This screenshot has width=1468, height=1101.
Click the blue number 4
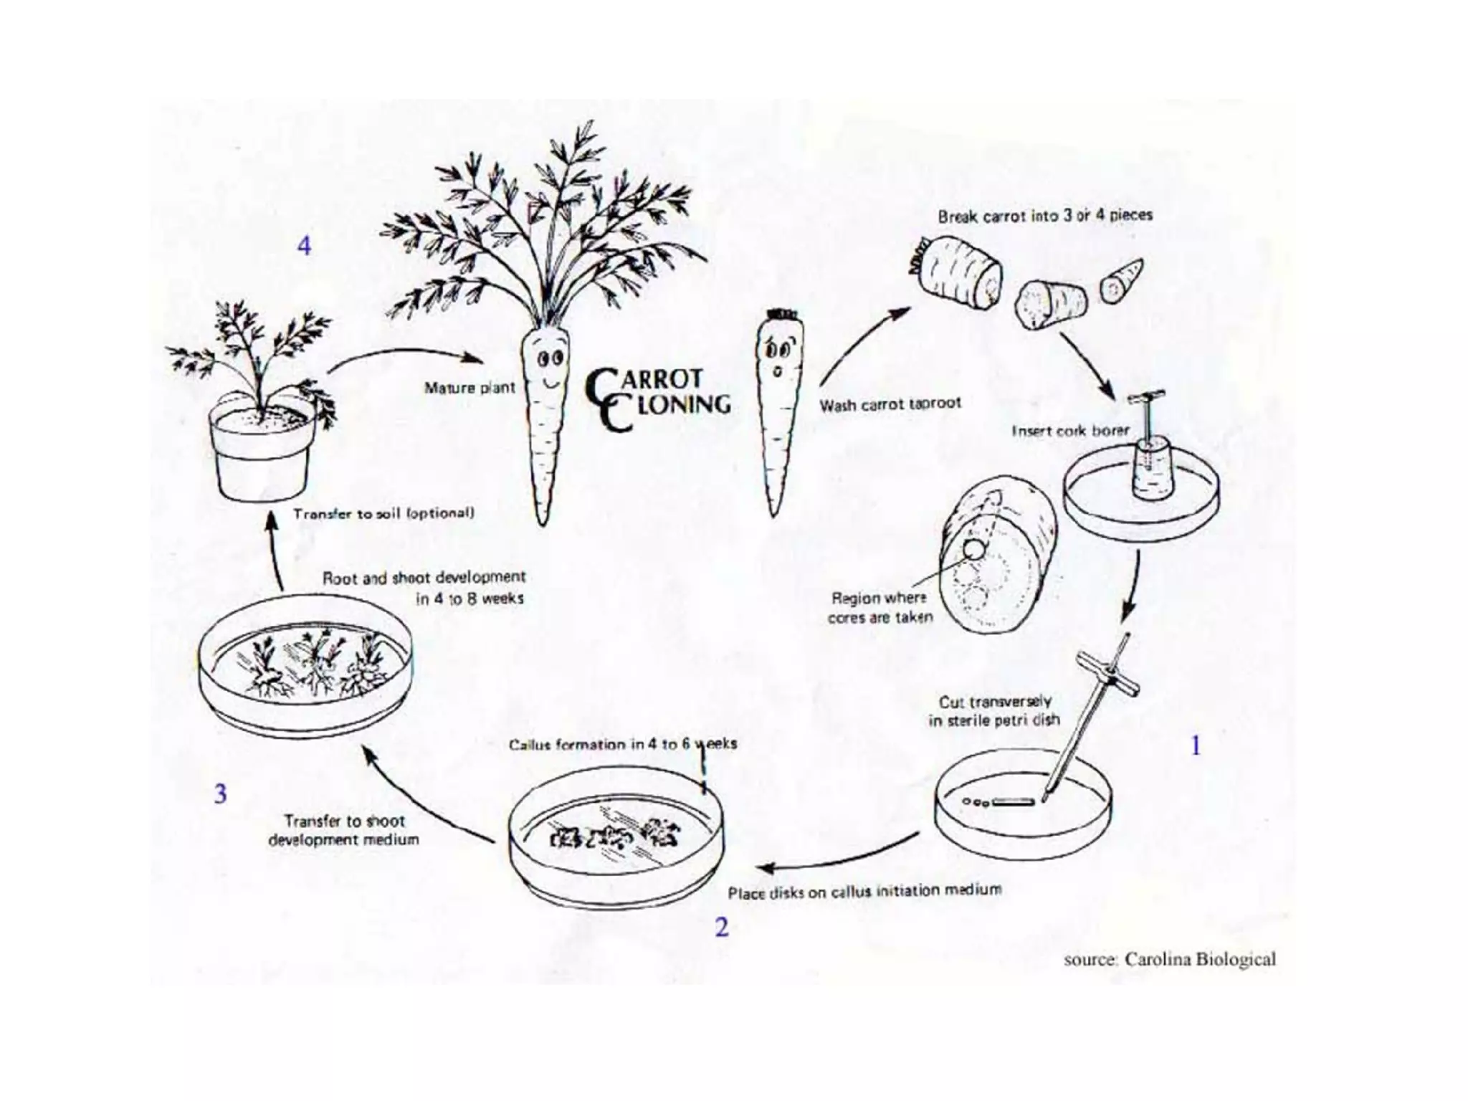(x=304, y=247)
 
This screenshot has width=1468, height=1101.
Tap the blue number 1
(x=1195, y=746)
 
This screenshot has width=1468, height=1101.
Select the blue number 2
(x=721, y=927)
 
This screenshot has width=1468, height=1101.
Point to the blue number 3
(x=221, y=794)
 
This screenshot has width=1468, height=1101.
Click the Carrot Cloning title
(x=657, y=399)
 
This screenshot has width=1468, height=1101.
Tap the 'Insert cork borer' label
(x=1069, y=431)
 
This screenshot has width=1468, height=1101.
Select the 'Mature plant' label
(x=470, y=388)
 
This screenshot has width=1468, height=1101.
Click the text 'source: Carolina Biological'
(x=1169, y=959)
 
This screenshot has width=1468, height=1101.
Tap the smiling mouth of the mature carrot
(x=550, y=383)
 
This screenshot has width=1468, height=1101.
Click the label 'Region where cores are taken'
(x=880, y=607)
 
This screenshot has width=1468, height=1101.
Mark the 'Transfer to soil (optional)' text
(x=383, y=513)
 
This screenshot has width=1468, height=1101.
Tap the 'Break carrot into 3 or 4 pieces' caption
(x=1045, y=215)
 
